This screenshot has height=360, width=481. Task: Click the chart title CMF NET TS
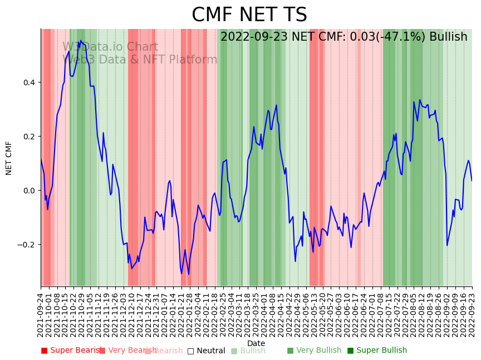coord(249,15)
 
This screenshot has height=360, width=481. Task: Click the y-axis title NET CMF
coord(9,158)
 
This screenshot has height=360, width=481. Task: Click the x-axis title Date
coord(256,343)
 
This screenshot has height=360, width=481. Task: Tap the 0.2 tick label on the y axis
coord(28,137)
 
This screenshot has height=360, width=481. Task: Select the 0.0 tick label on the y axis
coord(28,191)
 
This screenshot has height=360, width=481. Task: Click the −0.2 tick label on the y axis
coord(26,245)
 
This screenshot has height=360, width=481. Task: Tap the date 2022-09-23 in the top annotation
coord(254,37)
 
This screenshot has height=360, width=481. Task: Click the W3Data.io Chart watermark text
coord(110,47)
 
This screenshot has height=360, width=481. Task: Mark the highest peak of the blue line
coord(80,41)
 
